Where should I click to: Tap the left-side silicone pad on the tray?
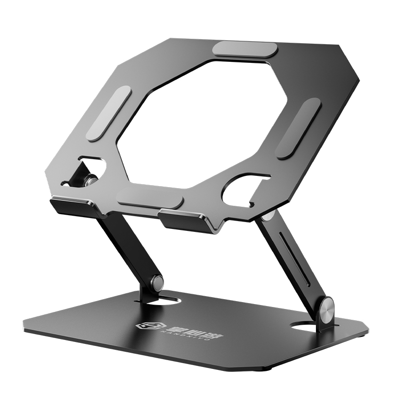tap(109, 113)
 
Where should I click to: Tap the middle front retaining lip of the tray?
tap(184, 219)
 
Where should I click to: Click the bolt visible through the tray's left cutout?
tap(90, 179)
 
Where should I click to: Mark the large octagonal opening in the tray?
tap(201, 123)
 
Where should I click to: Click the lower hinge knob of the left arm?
tap(157, 282)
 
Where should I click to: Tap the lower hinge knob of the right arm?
tap(326, 309)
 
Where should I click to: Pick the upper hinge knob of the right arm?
tap(268, 216)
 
